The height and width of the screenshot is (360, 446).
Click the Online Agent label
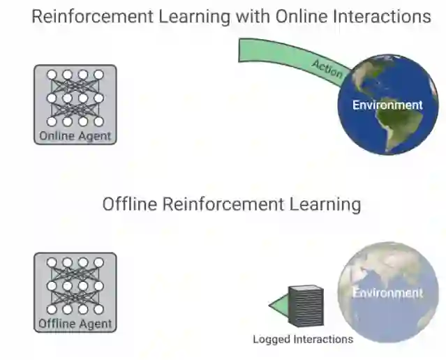coord(75,136)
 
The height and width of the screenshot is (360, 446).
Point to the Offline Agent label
coord(75,324)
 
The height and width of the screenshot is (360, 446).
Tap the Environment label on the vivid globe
coord(387,105)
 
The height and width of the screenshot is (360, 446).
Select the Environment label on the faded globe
coord(387,292)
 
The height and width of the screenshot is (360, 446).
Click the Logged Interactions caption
coord(303,340)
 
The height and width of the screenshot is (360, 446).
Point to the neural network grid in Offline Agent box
coord(75,285)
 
